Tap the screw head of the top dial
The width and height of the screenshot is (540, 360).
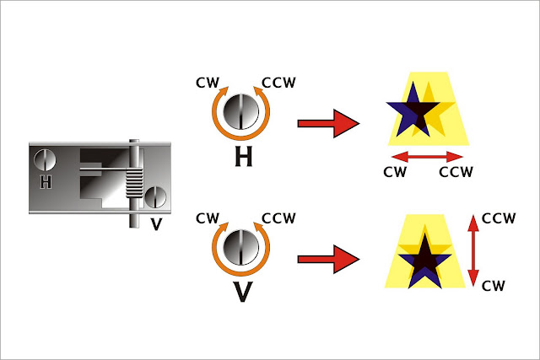242,110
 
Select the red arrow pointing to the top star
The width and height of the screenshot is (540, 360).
328,123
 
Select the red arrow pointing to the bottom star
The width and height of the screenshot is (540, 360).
328,259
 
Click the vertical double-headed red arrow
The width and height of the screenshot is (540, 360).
474,250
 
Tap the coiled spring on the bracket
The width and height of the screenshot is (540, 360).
136,185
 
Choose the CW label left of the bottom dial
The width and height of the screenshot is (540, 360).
208,218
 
